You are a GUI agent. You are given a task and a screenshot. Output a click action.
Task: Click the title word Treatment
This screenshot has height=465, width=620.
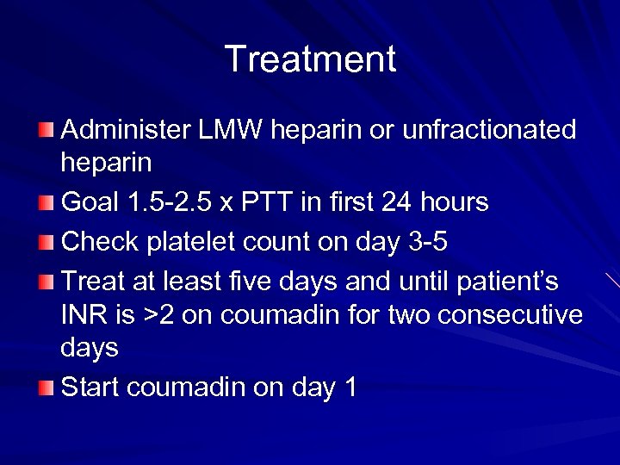point(310,59)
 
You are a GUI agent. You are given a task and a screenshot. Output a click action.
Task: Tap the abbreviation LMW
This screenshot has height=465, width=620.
point(226,130)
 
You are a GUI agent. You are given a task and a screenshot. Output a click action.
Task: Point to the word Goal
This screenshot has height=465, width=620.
point(92,203)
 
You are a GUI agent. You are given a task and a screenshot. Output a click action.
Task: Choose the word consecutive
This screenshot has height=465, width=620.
point(510,315)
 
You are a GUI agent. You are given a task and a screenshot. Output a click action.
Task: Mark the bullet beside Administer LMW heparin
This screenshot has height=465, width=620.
point(46,131)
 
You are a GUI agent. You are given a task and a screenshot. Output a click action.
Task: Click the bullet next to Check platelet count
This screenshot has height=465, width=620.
point(46,243)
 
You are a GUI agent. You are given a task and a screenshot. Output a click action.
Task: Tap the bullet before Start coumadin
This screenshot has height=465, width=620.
point(46,388)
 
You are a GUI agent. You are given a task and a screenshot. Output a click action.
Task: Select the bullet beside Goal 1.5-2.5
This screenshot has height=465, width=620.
point(46,204)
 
